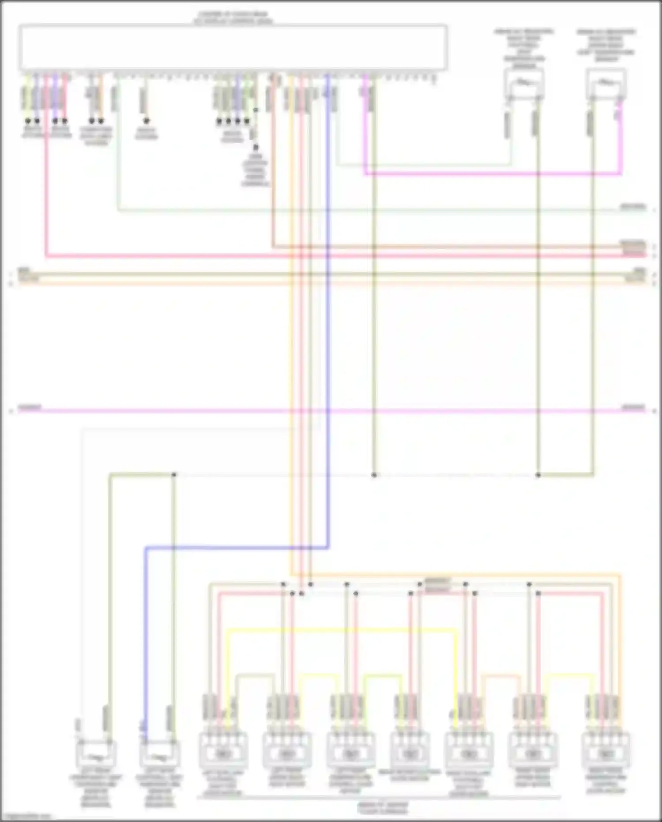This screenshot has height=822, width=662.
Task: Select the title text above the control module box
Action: coord(233,18)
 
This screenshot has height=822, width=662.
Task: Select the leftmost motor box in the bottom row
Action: coord(223,751)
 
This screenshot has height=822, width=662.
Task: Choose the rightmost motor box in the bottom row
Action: coord(606,751)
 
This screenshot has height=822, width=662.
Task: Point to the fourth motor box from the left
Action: coord(409,751)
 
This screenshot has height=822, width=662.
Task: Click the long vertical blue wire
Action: coord(328,309)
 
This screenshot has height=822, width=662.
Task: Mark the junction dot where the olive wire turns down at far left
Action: coord(174,475)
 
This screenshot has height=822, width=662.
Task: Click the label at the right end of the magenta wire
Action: coord(633,407)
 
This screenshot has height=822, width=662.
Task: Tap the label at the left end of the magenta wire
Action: coord(30,407)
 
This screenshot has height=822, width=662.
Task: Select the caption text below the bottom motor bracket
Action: coord(383,808)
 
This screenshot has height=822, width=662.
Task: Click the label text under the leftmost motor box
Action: coord(223,784)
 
